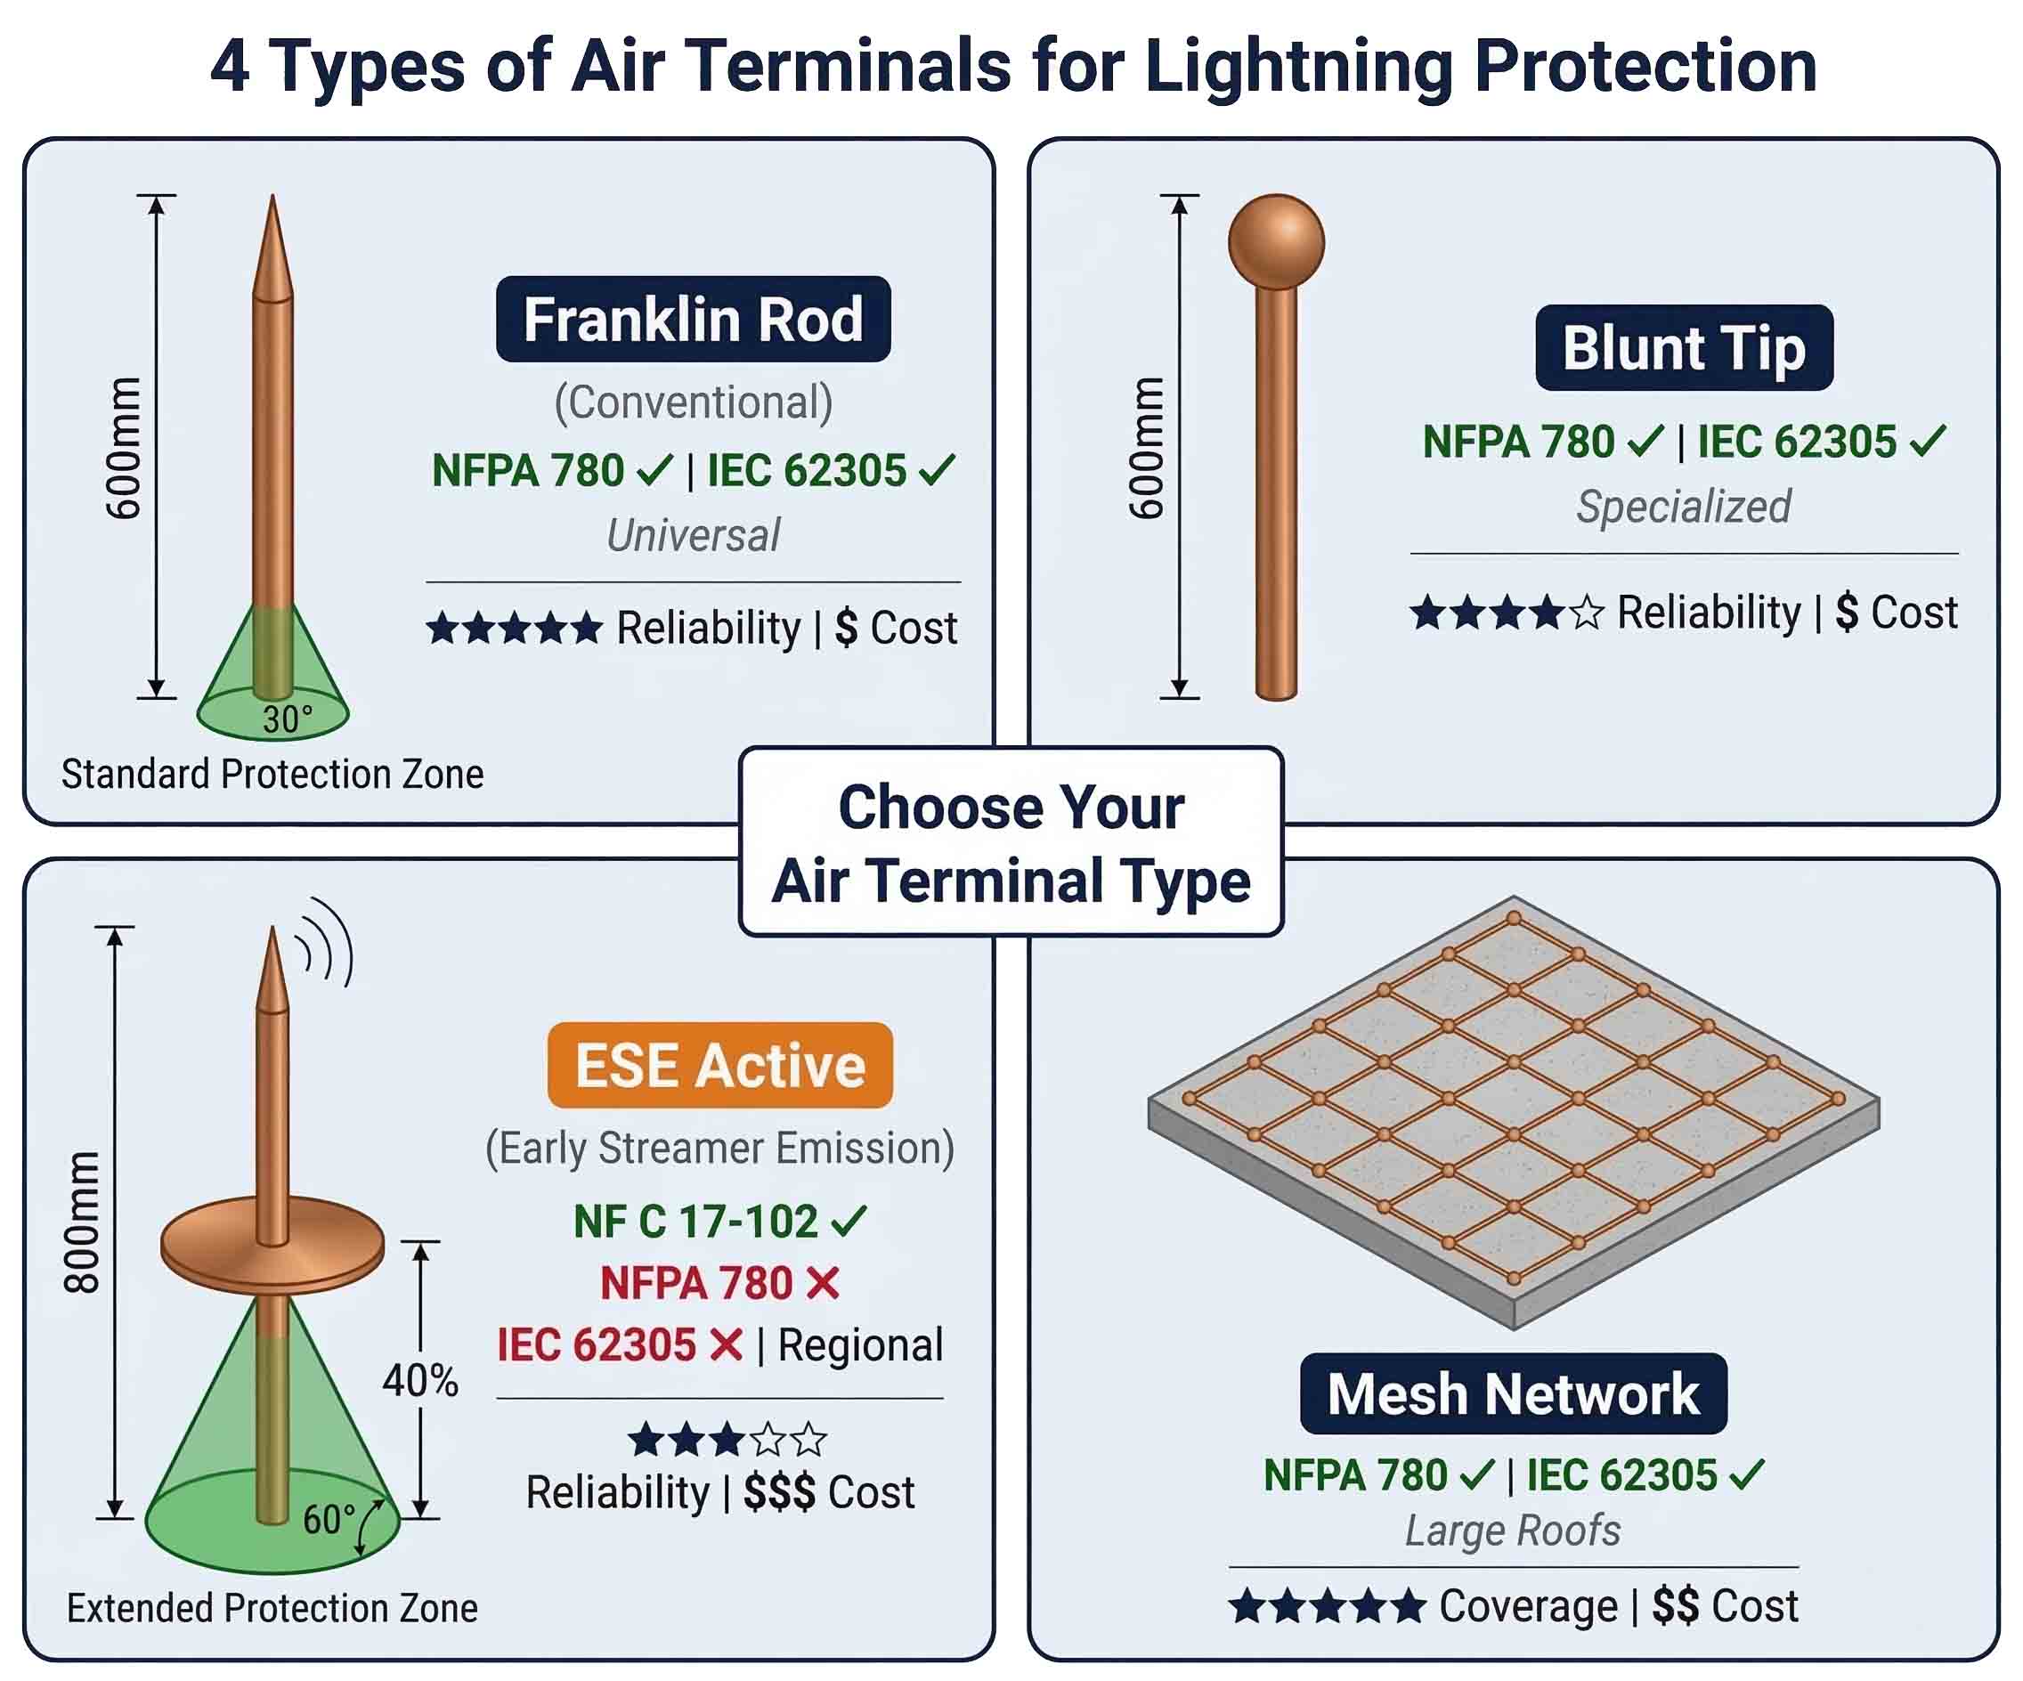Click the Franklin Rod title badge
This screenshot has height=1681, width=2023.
(693, 319)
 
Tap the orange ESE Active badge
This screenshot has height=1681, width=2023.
(719, 1066)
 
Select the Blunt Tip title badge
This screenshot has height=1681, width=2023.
(1683, 348)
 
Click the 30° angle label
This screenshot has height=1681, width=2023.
(287, 719)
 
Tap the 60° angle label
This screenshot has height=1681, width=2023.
(329, 1519)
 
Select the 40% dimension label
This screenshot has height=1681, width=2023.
(420, 1379)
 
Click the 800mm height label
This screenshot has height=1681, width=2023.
(83, 1222)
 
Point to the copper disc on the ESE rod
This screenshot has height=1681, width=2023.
(272, 1249)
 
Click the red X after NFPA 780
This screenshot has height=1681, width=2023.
(823, 1283)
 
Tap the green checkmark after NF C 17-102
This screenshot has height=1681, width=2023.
(849, 1222)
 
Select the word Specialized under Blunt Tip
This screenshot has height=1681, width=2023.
(1683, 507)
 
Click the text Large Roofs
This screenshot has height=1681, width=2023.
(1513, 1531)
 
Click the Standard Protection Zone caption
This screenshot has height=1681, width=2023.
(272, 775)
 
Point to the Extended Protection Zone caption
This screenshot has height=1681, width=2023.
(272, 1608)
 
